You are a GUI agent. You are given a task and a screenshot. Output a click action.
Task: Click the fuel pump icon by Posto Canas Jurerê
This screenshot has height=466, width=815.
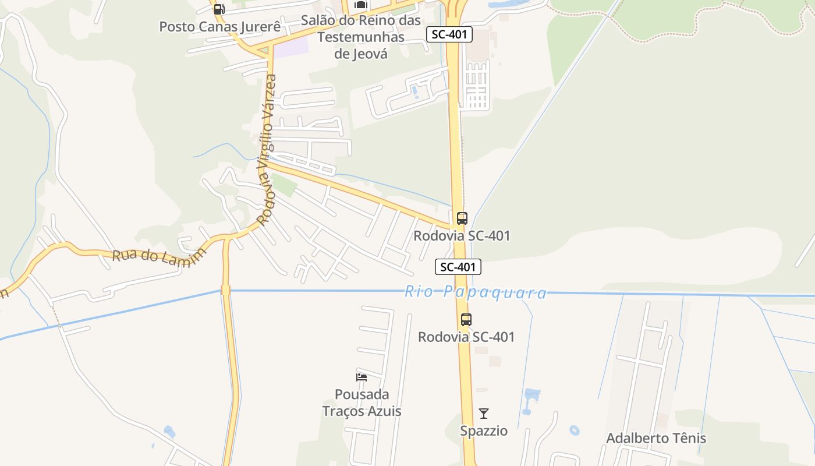219,9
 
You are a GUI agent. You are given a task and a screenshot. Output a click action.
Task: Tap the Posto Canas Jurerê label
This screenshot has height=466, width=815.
219,27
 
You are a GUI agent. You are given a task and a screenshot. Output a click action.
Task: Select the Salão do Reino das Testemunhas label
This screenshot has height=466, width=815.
360,29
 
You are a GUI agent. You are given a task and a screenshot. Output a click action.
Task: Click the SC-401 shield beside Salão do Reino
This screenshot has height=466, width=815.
449,34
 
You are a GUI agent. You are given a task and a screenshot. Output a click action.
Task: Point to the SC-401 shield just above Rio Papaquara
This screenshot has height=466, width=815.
458,267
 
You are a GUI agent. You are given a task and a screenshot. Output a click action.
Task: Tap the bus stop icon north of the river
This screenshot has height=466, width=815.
462,218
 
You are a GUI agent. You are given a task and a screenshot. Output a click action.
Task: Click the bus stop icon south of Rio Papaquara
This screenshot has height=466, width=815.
466,319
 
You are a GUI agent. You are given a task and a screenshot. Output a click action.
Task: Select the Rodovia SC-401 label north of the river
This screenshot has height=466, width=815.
462,236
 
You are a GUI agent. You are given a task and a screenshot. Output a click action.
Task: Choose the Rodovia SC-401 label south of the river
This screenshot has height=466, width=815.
466,337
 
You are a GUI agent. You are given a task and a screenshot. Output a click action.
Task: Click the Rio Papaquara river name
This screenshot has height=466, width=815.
476,292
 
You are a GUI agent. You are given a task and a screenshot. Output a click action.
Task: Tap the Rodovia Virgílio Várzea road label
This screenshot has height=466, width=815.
267,150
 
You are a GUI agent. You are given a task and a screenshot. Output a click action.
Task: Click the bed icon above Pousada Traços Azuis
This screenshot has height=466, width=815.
362,377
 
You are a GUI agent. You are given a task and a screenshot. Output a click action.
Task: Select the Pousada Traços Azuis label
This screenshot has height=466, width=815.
362,403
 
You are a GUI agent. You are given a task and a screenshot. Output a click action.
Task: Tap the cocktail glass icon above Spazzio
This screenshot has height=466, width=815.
484,414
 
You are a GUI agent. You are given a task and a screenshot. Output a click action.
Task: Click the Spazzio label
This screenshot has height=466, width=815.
484,431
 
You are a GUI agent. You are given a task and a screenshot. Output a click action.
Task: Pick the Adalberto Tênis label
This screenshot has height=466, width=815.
656,438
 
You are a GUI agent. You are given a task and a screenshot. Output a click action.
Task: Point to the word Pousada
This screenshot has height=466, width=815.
362,394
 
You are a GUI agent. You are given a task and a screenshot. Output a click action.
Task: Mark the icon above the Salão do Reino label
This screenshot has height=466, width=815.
361,5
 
